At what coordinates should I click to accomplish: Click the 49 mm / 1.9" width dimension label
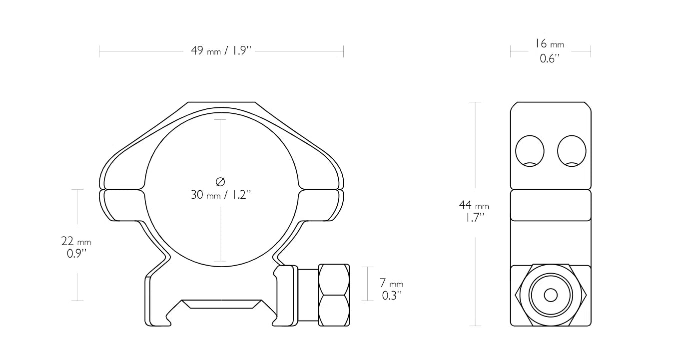221,50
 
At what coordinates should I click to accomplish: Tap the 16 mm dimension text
550,44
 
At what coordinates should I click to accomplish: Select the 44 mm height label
474,205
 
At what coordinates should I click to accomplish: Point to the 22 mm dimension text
76,241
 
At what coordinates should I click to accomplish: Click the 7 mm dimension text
391,283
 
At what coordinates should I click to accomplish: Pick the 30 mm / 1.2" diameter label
221,195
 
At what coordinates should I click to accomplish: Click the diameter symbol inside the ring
220,182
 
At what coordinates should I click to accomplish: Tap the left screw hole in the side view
530,151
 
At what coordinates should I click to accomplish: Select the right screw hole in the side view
572,151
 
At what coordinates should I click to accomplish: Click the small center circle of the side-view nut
551,295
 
